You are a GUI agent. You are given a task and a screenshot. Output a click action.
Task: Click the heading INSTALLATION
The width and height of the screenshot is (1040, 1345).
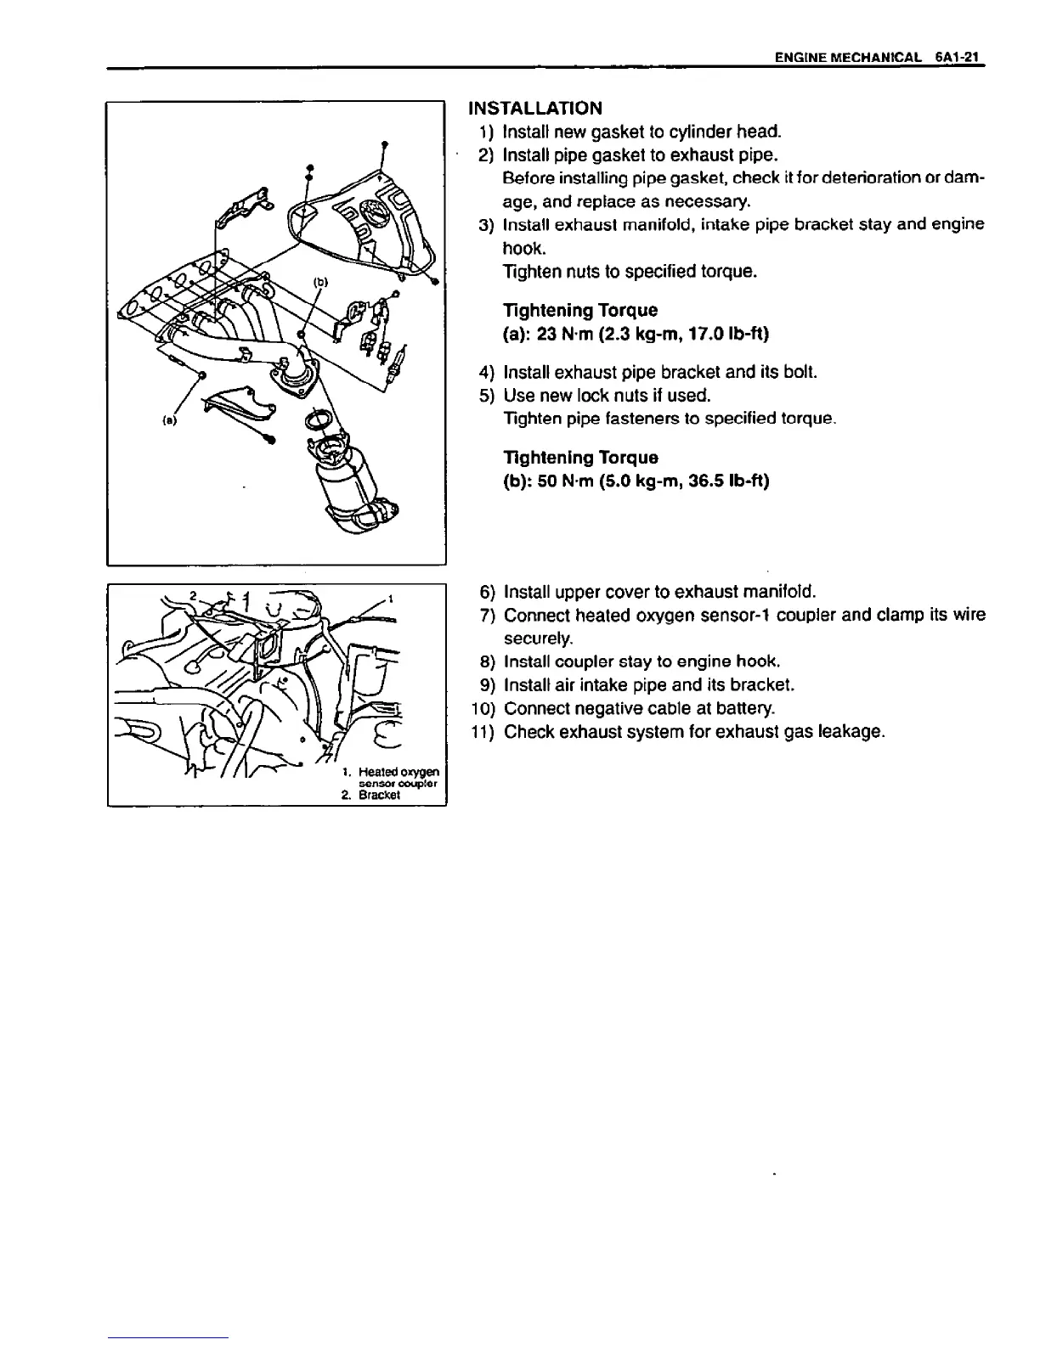coord(535,108)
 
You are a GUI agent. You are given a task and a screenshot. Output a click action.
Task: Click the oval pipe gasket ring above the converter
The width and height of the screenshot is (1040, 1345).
coord(321,419)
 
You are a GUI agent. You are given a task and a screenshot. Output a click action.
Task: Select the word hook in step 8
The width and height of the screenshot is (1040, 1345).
coord(758,661)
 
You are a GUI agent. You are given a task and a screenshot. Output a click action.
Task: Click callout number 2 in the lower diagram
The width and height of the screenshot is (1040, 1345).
coord(193,594)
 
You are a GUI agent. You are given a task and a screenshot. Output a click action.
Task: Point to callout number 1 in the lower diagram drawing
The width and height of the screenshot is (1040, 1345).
coord(389,598)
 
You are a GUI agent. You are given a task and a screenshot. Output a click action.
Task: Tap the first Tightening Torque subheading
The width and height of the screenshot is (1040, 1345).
coord(580,311)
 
